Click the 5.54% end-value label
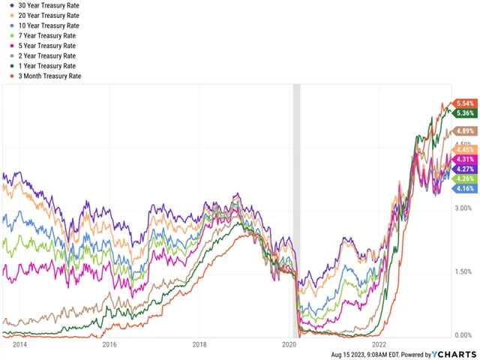tap(465, 103)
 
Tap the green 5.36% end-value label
tap(465, 113)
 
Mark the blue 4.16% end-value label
tap(463, 188)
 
